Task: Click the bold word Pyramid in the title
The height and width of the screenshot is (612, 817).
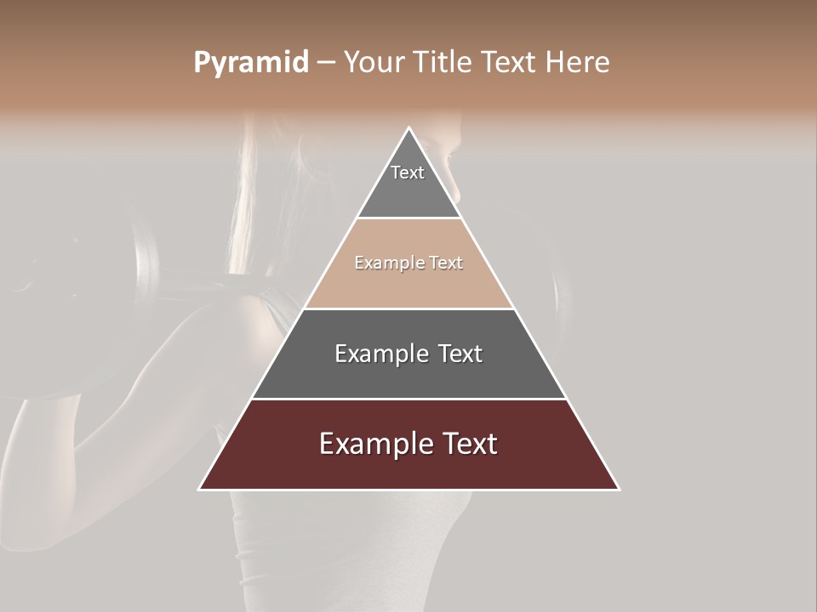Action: tap(250, 63)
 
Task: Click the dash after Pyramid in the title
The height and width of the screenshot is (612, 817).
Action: tap(325, 63)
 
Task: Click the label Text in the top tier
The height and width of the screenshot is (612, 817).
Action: tap(408, 173)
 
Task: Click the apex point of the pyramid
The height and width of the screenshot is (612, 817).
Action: tap(408, 128)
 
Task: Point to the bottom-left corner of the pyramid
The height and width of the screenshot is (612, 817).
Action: tap(200, 489)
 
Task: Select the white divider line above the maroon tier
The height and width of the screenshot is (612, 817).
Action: tap(408, 399)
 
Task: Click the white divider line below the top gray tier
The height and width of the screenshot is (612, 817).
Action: tap(408, 218)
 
